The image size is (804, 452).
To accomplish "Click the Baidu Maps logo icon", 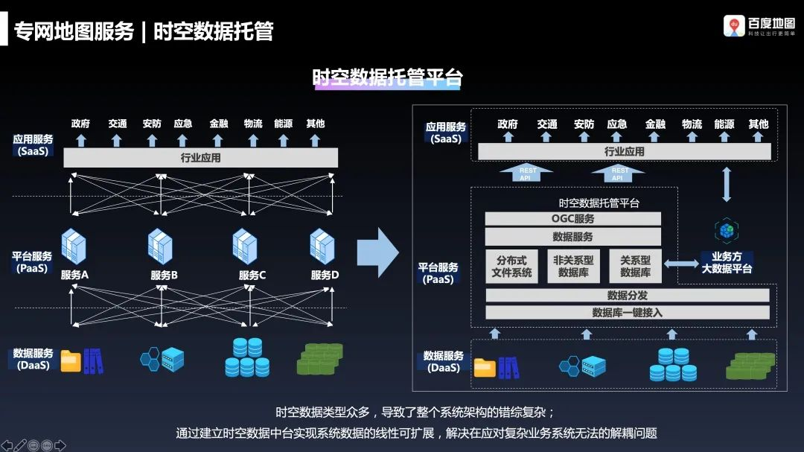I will pos(734,26).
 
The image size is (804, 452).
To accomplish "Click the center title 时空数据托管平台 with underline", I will pos(387,78).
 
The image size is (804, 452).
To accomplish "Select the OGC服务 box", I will pos(572,219).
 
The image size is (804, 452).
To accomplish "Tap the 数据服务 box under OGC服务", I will pos(572,237).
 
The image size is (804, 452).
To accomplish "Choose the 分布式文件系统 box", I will pos(511,267).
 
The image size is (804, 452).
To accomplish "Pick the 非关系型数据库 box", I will pos(572,267).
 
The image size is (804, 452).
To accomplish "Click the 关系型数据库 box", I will pos(635,267).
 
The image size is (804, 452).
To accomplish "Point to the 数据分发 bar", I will pos(627,295).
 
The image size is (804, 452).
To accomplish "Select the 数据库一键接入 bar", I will pos(627,313).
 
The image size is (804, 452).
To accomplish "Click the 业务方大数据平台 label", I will pos(727,263).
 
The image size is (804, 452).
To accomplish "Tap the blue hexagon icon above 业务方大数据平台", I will pos(726,230).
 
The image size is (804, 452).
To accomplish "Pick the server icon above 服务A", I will pos(74,246).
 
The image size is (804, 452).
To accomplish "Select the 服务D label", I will pos(325,276).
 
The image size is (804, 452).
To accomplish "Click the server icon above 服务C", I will pos(245,246).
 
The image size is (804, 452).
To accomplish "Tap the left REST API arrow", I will pos(527,174).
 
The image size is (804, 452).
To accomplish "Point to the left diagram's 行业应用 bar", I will pos(200,158).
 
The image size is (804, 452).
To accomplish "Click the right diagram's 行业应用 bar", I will pos(624,152).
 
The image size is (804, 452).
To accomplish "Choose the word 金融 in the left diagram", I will pos(219,124).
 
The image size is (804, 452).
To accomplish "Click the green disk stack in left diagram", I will pos(319,359).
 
